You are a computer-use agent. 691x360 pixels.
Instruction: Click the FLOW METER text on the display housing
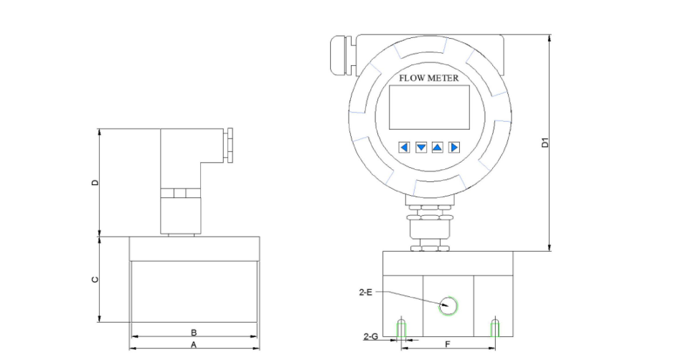coord(429,78)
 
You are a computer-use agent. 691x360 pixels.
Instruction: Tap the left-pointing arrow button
coord(404,147)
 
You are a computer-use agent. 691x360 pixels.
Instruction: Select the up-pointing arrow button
coord(437,147)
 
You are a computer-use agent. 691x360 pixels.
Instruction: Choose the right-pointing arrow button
coord(454,147)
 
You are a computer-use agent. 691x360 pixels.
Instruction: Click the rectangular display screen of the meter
coord(429,107)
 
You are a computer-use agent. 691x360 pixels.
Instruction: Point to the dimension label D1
coord(545,143)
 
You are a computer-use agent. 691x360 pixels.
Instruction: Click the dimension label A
coord(194,345)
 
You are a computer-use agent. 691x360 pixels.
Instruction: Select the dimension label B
coord(194,333)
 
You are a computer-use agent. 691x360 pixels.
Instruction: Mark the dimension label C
coord(94,280)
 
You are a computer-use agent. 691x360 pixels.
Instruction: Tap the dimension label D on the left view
coord(94,182)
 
